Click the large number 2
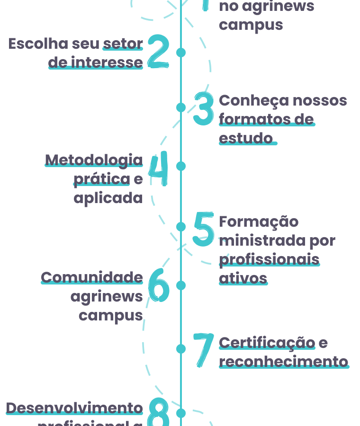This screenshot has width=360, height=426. point(158,51)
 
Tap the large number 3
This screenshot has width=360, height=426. point(204,108)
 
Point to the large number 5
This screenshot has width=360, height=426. point(204,229)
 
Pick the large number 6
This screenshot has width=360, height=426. point(159,285)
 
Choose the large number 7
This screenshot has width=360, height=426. point(204,349)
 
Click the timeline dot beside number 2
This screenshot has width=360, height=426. point(181,52)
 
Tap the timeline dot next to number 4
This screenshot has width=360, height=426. point(181,166)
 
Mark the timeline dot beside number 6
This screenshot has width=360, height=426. point(181,285)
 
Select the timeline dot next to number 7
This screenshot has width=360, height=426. point(181,349)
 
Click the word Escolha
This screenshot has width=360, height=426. point(38,44)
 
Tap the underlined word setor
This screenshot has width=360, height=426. point(123,44)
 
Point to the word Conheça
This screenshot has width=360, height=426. point(254,100)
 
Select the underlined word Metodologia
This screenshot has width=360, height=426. point(94,160)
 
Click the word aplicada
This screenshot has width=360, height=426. point(108,198)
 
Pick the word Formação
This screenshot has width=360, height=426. point(259,222)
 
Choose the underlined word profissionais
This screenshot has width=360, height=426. point(269,259)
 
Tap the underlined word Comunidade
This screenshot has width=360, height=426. point(92,277)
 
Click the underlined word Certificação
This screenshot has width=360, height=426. point(267,342)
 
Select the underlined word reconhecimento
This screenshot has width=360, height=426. point(283,362)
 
